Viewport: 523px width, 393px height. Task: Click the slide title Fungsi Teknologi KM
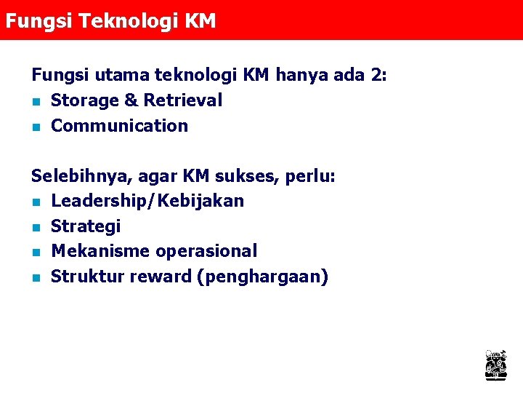coord(110,21)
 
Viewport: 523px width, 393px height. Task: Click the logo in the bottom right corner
coord(495,364)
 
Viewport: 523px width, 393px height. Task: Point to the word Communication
coord(119,126)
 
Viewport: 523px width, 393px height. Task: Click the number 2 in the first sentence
coord(377,75)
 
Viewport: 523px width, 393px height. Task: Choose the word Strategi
coord(86,226)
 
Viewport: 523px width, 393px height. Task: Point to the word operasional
coord(206,251)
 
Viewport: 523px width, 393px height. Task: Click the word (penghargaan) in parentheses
coord(262,277)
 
